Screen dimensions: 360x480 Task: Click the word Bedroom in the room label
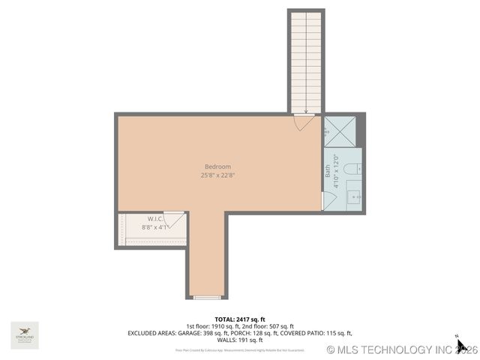217,166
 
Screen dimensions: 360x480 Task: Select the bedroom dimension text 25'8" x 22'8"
217,175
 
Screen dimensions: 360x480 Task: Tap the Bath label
328,171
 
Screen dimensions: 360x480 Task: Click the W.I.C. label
155,219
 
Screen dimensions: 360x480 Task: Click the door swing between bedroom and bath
328,201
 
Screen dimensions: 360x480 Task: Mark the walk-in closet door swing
175,220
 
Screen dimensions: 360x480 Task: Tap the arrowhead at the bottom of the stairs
306,111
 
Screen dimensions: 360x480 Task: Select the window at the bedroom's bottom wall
206,298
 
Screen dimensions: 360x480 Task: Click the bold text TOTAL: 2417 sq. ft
240,319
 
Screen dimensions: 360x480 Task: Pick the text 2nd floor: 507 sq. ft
267,326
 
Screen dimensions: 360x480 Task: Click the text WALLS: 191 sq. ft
240,340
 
